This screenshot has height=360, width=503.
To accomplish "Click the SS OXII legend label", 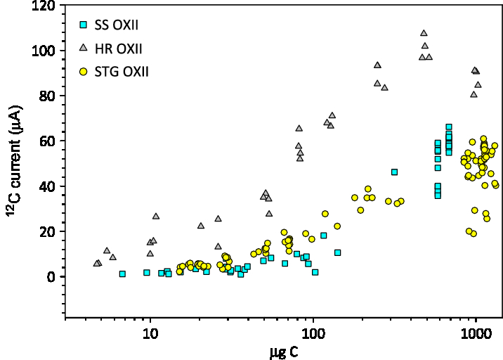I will click(x=117, y=25).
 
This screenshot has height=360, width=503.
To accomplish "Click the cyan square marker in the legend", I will click(x=83, y=25).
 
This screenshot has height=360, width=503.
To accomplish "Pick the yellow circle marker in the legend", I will click(x=83, y=71).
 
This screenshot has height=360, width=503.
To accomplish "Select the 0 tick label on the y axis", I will click(x=51, y=277).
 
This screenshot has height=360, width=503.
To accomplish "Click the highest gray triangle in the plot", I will click(x=424, y=33).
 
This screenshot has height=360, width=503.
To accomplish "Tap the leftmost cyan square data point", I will click(x=122, y=274).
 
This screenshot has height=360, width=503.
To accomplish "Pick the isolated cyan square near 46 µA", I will click(x=394, y=172).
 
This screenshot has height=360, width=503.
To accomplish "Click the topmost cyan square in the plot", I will click(x=448, y=127).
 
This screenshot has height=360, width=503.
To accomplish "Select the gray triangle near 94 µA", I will click(x=377, y=65).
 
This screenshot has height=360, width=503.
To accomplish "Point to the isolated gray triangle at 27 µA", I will click(x=156, y=216).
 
